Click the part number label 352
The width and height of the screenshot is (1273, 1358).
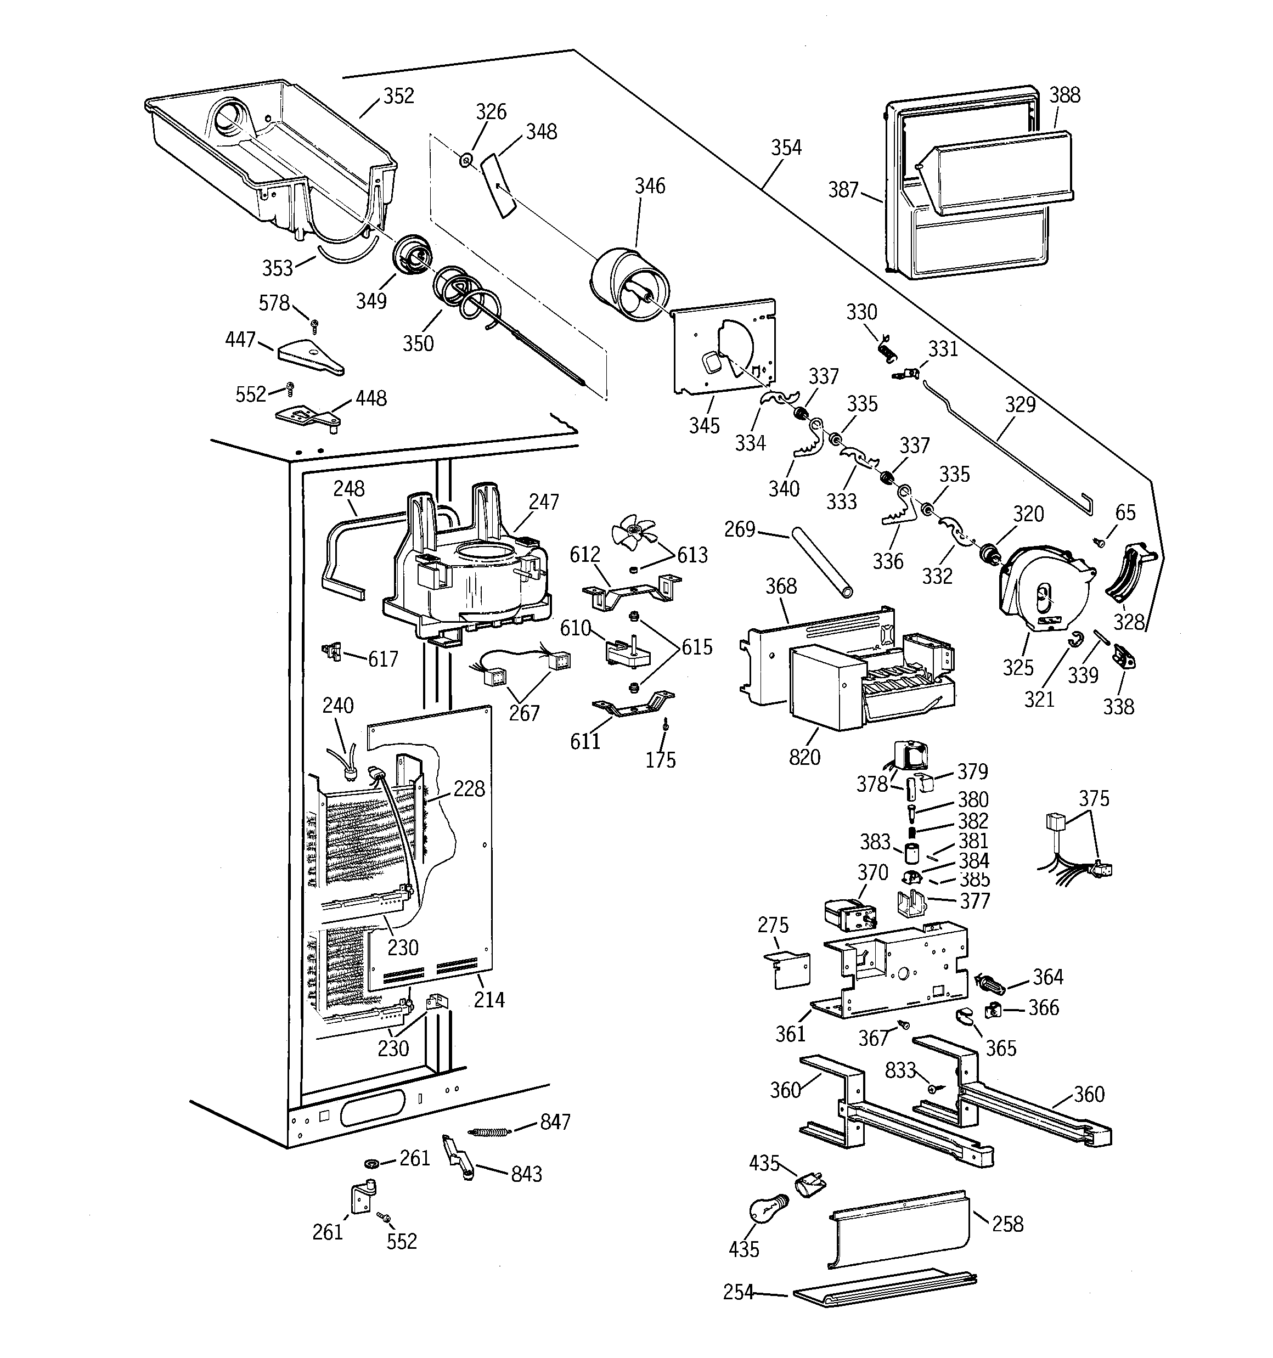[398, 97]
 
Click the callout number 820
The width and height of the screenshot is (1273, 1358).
[804, 757]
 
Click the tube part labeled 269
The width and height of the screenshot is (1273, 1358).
[821, 561]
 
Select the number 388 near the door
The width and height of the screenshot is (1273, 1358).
[1064, 95]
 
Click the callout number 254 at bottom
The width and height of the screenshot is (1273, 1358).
[738, 1292]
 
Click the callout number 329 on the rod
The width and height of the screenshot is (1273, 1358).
[1019, 404]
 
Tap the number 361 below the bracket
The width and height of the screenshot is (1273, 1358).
[790, 1034]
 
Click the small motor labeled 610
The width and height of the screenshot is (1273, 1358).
[627, 652]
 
